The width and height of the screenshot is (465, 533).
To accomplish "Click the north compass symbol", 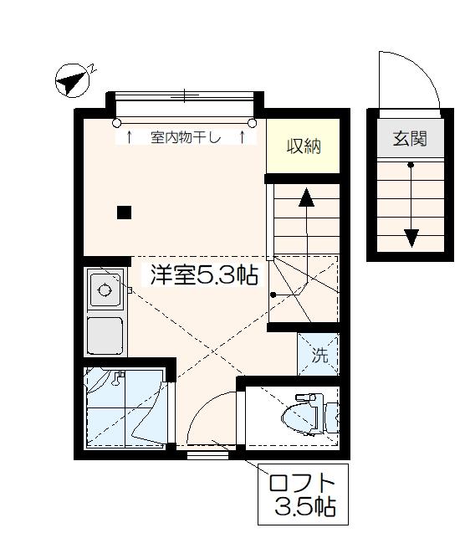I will pos(74,81).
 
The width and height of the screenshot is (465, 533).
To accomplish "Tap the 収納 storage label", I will pos(304,147).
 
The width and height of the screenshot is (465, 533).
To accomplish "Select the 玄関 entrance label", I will pos(410,138).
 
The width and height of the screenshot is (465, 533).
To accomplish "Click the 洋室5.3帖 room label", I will pos(203,275).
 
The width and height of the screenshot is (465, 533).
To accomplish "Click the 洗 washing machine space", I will pos(319,355).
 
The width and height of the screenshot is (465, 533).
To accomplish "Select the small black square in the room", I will pos(124,212).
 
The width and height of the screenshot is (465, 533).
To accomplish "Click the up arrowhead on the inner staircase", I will pos(306,197).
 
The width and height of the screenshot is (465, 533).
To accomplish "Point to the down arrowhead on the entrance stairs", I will pos(411,238).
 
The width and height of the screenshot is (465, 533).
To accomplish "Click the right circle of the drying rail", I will pos(252,122).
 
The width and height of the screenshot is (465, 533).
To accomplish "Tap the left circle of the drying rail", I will pos(116,122).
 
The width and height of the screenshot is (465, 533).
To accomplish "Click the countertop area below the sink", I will pos(105,336).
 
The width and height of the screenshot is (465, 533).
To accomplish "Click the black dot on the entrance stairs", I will pos(411,165).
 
